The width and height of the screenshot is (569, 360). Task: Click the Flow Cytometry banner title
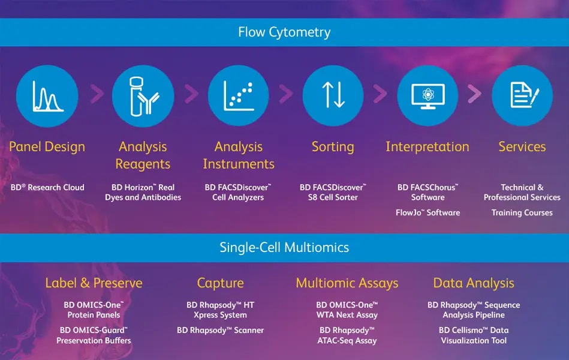click(x=284, y=32)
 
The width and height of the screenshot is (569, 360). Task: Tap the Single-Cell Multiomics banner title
click(x=284, y=247)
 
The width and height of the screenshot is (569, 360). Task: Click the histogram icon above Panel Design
click(x=47, y=96)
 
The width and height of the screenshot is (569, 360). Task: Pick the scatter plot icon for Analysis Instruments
click(x=239, y=96)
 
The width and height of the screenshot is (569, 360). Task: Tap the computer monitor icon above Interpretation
click(x=428, y=96)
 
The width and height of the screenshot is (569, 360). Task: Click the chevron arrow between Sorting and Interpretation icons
click(x=380, y=94)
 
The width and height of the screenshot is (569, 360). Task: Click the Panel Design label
click(x=47, y=147)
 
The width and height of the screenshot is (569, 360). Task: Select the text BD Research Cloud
click(x=47, y=187)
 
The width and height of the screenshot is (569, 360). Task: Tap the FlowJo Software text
click(x=428, y=212)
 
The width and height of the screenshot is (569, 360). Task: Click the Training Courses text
click(x=522, y=212)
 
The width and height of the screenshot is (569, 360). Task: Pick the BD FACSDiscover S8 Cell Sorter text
click(x=333, y=192)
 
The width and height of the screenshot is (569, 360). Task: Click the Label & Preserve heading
click(x=94, y=283)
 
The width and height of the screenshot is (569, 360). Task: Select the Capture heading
click(x=220, y=283)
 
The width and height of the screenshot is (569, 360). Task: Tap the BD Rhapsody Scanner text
click(x=220, y=330)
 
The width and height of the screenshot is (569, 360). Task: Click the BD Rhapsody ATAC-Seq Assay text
click(x=347, y=335)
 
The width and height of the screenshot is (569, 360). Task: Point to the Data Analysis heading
click(x=474, y=283)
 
